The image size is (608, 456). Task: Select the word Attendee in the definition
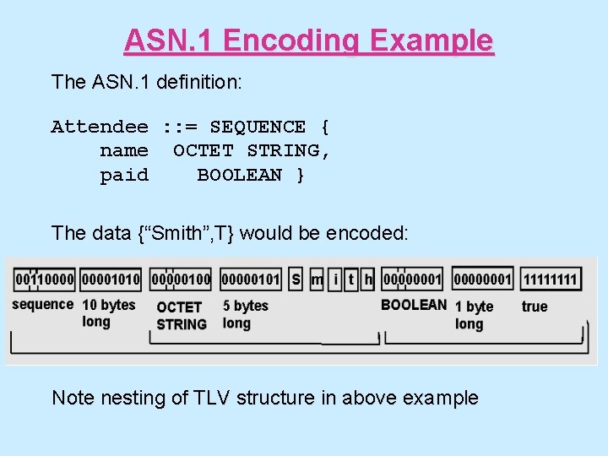tap(100, 128)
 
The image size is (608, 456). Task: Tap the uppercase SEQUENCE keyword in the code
tap(258, 128)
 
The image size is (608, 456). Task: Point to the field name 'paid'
tap(124, 176)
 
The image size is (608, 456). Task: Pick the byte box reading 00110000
tap(44, 279)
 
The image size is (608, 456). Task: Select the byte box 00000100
tap(181, 279)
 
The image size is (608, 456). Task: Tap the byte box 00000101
tap(250, 279)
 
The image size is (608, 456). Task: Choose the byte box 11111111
tap(550, 279)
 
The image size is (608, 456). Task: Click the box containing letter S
tap(296, 279)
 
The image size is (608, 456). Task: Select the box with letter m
tap(317, 279)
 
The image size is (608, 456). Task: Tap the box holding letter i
tap(335, 279)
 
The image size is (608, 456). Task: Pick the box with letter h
tap(368, 279)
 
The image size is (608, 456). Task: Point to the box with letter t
tap(351, 279)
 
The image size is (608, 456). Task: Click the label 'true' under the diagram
tap(534, 307)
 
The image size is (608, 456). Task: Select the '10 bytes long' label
tap(108, 313)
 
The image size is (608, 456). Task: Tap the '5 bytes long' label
tap(245, 314)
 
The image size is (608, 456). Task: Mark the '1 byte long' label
tap(474, 315)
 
